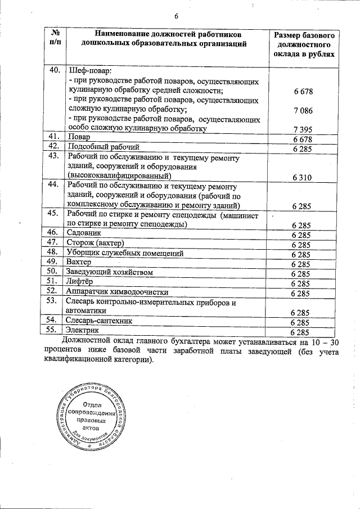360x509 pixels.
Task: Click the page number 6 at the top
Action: click(x=175, y=15)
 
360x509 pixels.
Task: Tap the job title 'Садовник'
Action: click(x=84, y=233)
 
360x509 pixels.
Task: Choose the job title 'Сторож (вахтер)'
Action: click(x=94, y=243)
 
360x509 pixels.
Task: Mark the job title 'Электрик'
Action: click(x=83, y=331)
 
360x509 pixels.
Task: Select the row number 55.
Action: click(x=55, y=331)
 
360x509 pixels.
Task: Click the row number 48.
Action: click(x=55, y=253)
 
